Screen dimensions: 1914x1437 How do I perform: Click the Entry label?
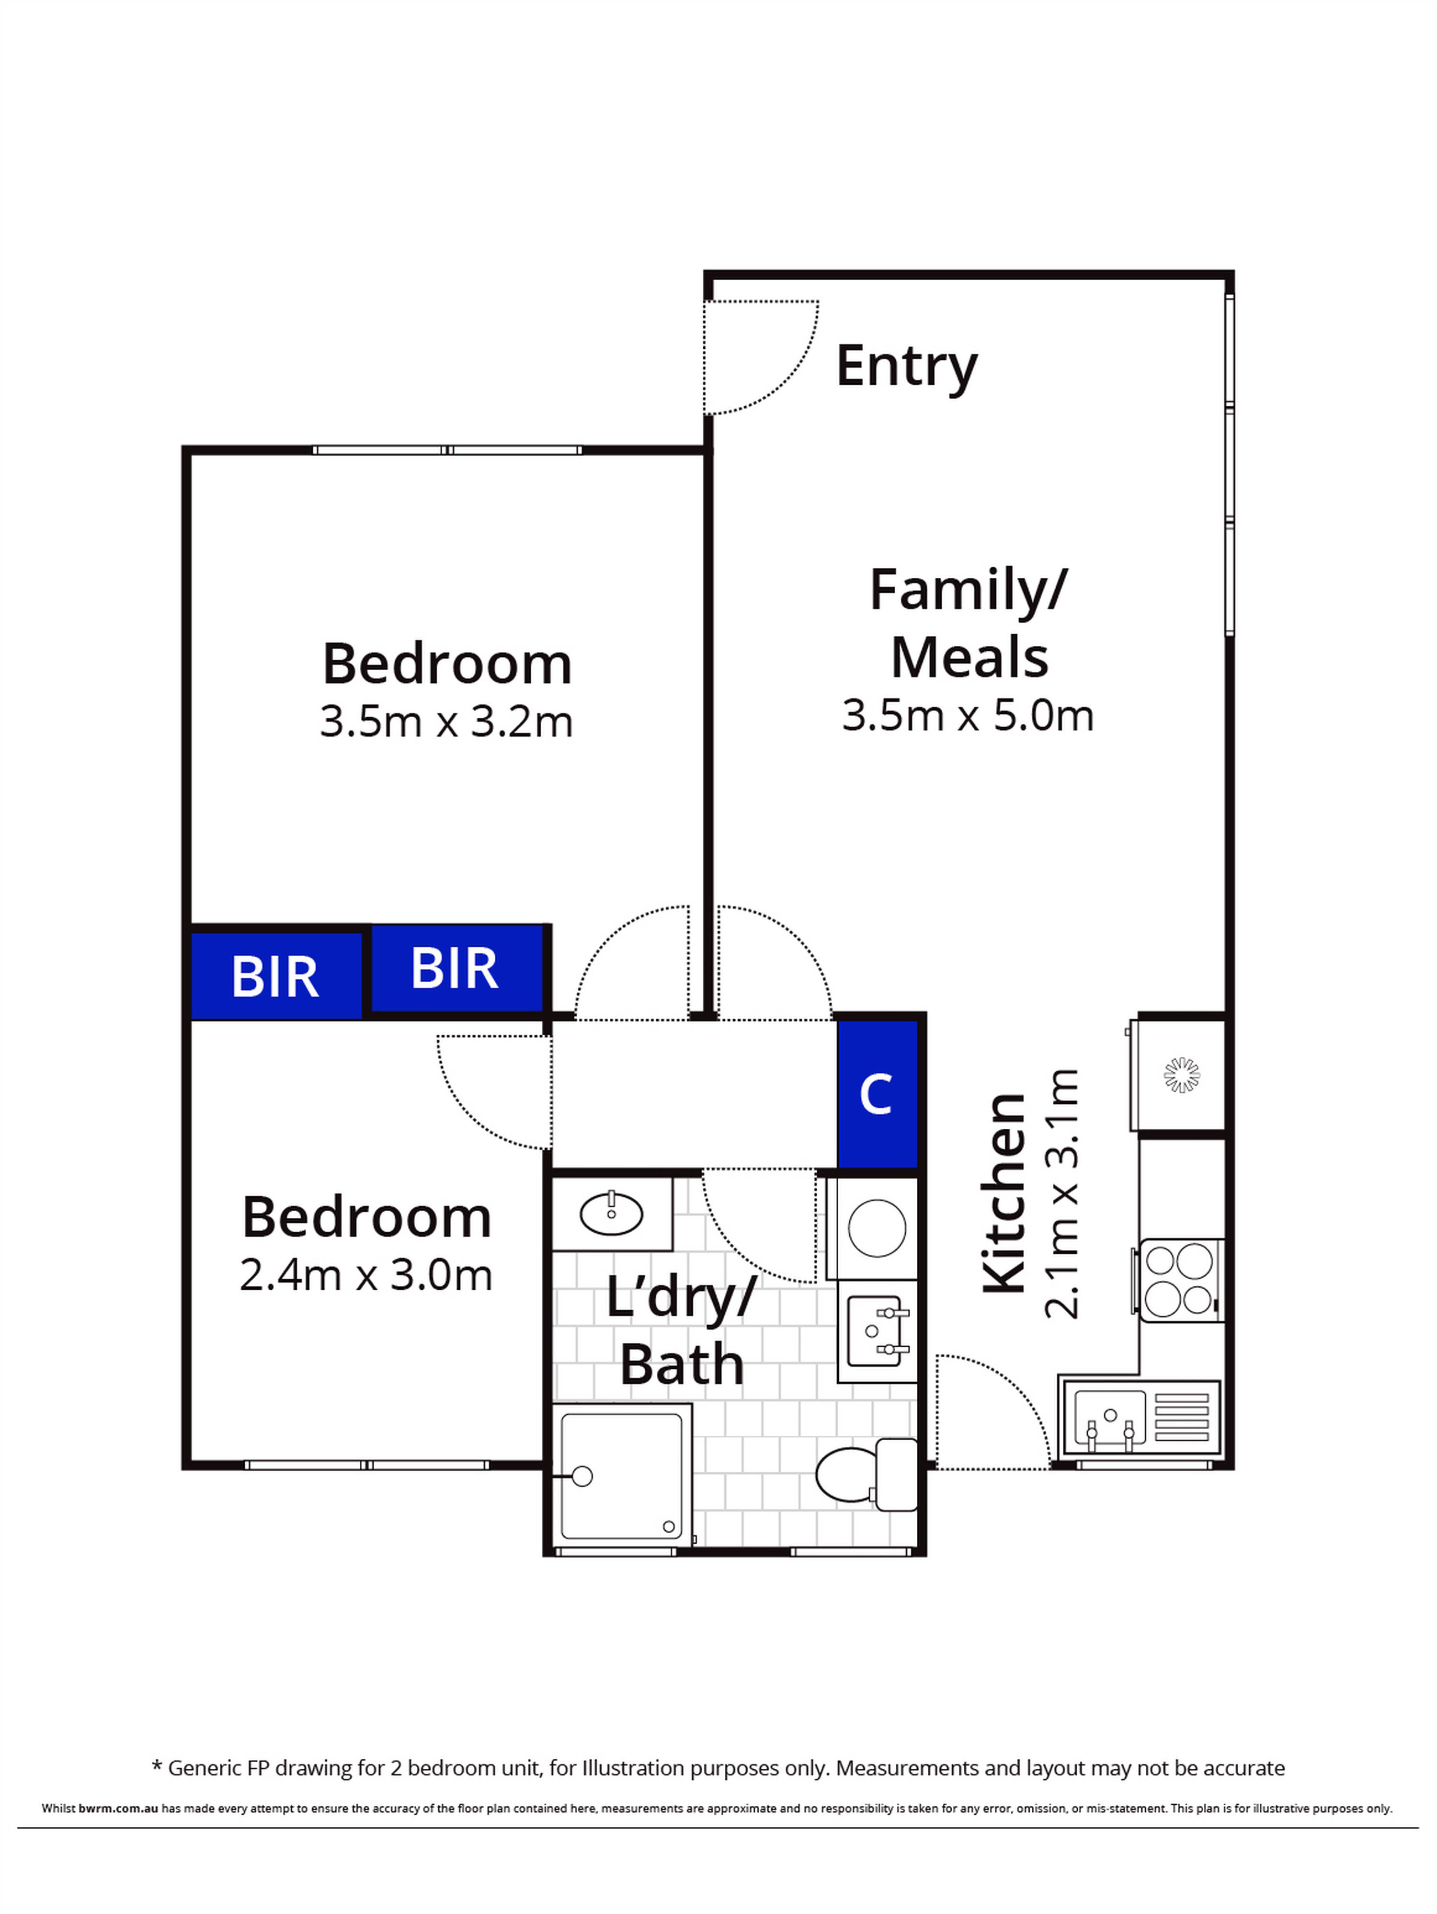pyautogui.click(x=906, y=367)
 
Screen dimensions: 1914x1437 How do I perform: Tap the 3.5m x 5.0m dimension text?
pyautogui.click(x=967, y=716)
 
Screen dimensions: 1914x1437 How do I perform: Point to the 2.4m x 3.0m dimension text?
pyautogui.click(x=366, y=1275)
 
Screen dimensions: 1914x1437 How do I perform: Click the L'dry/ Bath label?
pyautogui.click(x=681, y=1332)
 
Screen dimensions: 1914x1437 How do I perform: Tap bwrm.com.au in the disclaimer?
pyautogui.click(x=118, y=1809)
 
